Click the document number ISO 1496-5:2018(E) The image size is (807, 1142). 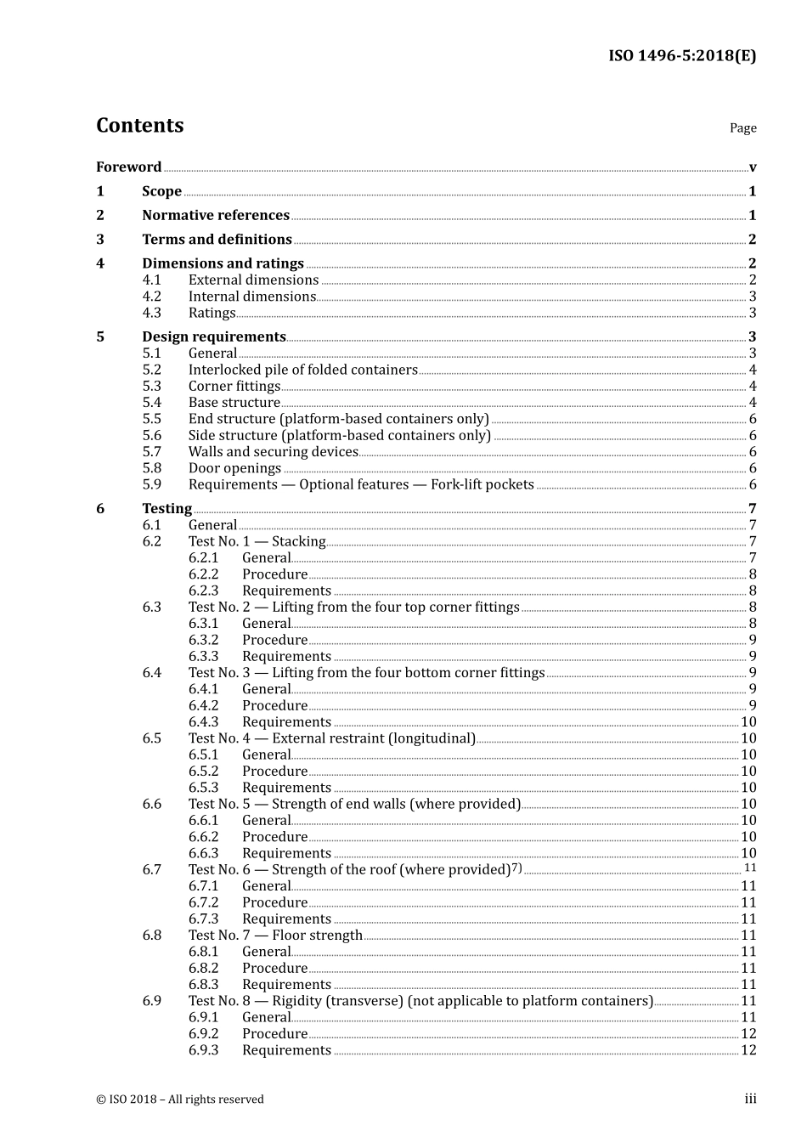point(681,56)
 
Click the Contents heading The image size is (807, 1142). point(139,126)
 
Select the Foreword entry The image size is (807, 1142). point(128,167)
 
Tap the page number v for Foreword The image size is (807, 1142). point(753,167)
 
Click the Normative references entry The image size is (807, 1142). point(216,216)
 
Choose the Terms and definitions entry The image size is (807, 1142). point(217,240)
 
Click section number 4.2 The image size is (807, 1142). point(151,297)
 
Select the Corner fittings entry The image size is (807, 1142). point(234,387)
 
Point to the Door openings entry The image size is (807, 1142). point(234,468)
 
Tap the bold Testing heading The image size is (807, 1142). point(166,509)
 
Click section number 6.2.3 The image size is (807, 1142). point(203,591)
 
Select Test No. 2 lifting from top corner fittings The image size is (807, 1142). point(353,607)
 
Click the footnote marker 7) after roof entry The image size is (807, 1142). point(516,868)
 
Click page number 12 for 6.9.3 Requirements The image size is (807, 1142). point(748,1050)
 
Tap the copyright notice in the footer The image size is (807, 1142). point(180,1100)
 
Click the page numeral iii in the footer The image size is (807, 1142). point(751,1099)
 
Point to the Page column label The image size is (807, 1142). point(742,128)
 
